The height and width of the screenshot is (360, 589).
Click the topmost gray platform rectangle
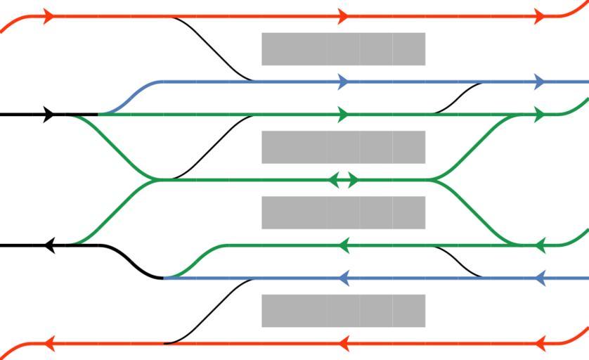coord(343,49)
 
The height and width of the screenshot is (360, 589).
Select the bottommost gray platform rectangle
coord(343,311)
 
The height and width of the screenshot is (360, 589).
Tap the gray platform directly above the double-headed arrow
coord(343,147)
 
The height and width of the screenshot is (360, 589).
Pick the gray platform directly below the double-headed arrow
coord(343,212)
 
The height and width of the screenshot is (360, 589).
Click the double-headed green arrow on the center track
coord(344,180)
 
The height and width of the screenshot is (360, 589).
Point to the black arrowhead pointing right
coord(48,114)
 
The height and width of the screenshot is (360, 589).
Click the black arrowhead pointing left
coord(48,245)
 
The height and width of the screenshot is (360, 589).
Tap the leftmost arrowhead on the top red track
coord(48,16)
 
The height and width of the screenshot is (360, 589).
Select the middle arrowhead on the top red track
coord(343,16)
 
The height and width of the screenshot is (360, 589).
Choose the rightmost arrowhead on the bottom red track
coord(540,344)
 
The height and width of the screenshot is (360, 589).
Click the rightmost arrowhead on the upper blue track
coord(540,82)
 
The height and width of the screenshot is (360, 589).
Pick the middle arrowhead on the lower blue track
coord(344,278)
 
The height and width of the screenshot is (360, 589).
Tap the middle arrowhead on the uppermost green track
coord(343,114)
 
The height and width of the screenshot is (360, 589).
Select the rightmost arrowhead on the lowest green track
coord(540,245)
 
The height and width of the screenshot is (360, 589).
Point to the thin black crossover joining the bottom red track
coord(209,311)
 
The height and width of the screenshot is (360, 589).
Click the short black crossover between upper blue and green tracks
coord(458,98)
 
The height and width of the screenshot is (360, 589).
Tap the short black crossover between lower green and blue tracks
coord(458,262)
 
